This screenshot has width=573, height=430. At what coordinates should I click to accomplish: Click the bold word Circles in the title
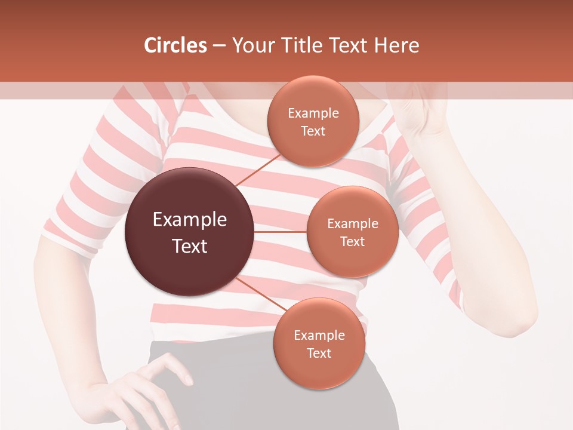[175, 45]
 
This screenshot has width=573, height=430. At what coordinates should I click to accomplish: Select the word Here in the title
[396, 45]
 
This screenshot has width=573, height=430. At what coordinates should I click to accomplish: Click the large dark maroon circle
[189, 232]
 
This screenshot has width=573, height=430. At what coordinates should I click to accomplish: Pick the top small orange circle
[313, 122]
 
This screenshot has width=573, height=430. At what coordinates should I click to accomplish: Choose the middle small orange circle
[352, 232]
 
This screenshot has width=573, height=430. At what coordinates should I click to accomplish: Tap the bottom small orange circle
[319, 343]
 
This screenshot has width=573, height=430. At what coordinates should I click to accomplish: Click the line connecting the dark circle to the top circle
[258, 170]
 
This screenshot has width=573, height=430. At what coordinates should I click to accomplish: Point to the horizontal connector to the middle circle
[280, 232]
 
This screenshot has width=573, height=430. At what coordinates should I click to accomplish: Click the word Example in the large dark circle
[190, 220]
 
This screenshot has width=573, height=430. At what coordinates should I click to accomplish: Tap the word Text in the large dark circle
[190, 245]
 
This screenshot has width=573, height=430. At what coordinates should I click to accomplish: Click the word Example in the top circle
[313, 113]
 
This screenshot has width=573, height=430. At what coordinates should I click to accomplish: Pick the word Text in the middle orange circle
[352, 241]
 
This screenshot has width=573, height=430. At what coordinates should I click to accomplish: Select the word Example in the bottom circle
[319, 335]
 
